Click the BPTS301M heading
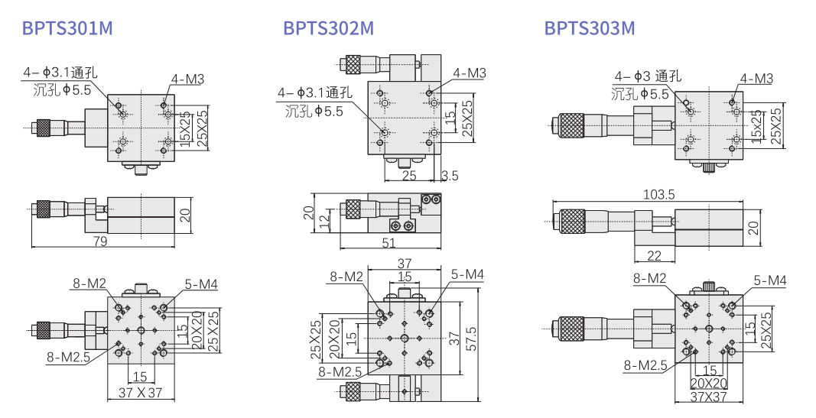tap(67, 28)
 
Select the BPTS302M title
tap(328, 28)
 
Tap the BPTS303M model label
tap(590, 28)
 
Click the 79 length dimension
tap(100, 241)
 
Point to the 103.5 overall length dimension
tap(658, 194)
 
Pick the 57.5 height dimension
tap(471, 339)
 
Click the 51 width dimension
tap(388, 242)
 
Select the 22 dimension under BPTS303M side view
tap(654, 255)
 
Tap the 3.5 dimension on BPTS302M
tap(450, 176)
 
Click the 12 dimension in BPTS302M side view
tap(325, 221)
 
